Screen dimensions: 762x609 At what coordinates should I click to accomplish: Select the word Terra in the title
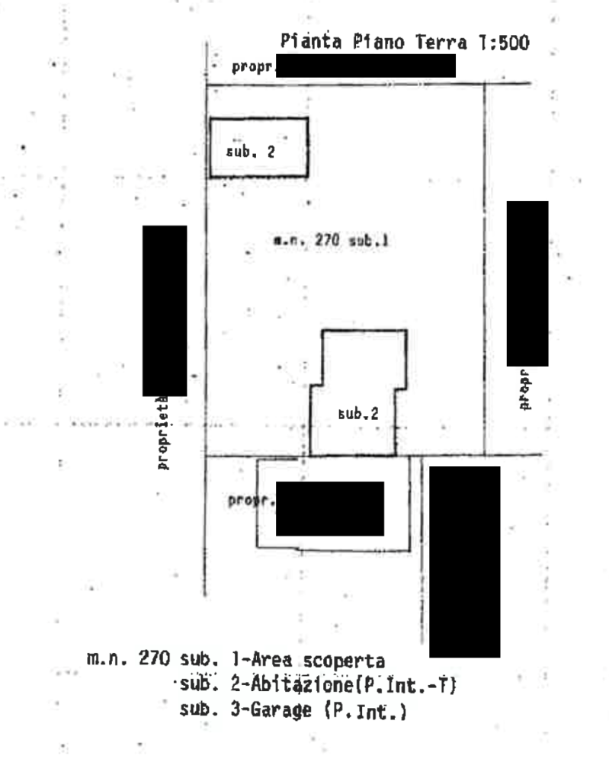pyautogui.click(x=440, y=43)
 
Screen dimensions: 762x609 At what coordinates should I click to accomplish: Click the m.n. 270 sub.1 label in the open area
pyautogui.click(x=332, y=241)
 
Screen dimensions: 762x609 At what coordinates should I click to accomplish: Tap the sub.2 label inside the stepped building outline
pyautogui.click(x=358, y=415)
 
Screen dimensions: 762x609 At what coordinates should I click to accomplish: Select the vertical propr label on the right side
pyautogui.click(x=525, y=389)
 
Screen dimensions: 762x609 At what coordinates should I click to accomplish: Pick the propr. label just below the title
pyautogui.click(x=252, y=67)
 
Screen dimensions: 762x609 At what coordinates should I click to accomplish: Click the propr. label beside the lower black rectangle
pyautogui.click(x=249, y=501)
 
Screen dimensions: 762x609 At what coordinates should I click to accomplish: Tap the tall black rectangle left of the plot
pyautogui.click(x=165, y=311)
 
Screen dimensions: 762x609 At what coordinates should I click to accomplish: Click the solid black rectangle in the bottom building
pyautogui.click(x=329, y=510)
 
